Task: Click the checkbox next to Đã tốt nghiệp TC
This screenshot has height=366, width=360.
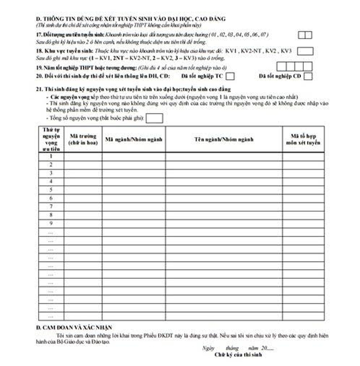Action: [230, 76]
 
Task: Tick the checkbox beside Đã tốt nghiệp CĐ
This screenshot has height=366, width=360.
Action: [308, 76]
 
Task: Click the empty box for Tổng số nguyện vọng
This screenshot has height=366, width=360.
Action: [155, 118]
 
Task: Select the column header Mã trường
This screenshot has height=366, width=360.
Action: [83, 139]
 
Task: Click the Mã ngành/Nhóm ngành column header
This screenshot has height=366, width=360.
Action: [133, 139]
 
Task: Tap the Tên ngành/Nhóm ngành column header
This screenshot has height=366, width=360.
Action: [224, 139]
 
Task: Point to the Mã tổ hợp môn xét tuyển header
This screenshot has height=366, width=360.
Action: [303, 139]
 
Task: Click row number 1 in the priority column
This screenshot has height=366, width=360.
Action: [50, 156]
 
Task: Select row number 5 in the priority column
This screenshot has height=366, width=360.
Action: [50, 189]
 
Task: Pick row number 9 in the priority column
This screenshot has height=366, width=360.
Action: [50, 223]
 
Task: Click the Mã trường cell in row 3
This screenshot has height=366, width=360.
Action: [83, 173]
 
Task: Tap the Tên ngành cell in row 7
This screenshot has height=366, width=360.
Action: [224, 207]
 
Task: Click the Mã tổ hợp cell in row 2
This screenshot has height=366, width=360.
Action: [303, 165]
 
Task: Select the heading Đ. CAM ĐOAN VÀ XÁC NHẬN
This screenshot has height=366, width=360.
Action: [74, 327]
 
